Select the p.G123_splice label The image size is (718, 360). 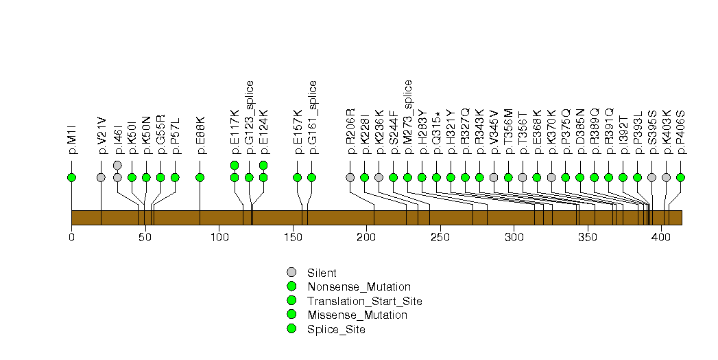tap(249, 117)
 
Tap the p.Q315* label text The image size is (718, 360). tap(436, 133)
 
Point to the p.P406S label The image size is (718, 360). tap(680, 132)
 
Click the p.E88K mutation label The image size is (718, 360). tap(200, 135)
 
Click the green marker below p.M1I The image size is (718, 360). tap(71, 177)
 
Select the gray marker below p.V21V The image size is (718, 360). tap(101, 177)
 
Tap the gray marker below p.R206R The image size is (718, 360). tap(350, 177)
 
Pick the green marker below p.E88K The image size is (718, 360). tap(200, 177)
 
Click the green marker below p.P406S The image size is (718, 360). tap(680, 177)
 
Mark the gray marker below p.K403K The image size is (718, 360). tap(667, 177)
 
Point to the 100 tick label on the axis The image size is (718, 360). tap(219, 238)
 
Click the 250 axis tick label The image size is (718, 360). tap(440, 238)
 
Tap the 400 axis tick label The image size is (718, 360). tap(661, 238)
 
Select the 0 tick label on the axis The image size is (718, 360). tap(71, 238)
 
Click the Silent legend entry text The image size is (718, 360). tap(322, 273)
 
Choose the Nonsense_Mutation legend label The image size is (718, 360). tap(359, 287)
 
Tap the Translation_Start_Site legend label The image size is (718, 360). tap(365, 302)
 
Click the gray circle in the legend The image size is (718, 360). tap(291, 273)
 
